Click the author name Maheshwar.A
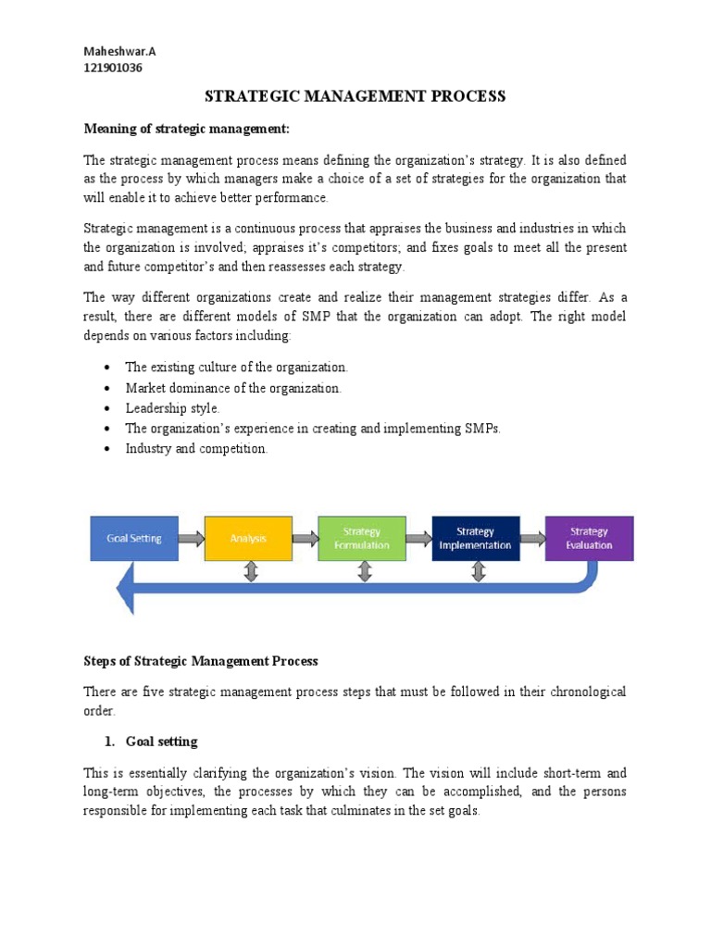pyautogui.click(x=119, y=52)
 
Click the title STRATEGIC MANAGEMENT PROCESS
pyautogui.click(x=355, y=96)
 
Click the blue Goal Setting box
pyautogui.click(x=133, y=538)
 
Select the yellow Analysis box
pyautogui.click(x=248, y=538)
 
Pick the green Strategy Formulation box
pyautogui.click(x=361, y=538)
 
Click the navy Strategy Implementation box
pyautogui.click(x=475, y=538)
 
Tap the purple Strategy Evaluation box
pyautogui.click(x=589, y=538)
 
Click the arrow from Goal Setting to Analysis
pyautogui.click(x=191, y=538)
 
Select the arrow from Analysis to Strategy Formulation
pyautogui.click(x=305, y=538)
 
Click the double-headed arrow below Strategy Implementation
pyautogui.click(x=478, y=572)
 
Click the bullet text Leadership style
pyautogui.click(x=173, y=407)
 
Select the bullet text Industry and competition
pyautogui.click(x=196, y=448)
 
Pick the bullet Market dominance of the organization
pyautogui.click(x=233, y=388)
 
